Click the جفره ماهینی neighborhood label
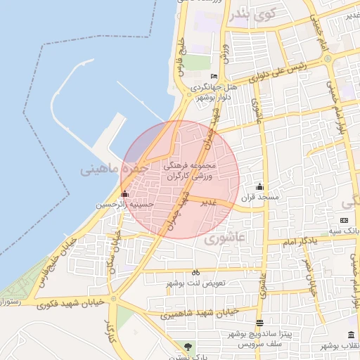(113, 169)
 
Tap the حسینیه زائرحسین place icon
(125, 193)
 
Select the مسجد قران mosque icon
(260, 187)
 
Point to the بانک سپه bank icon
(343, 221)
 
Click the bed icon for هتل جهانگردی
(214, 77)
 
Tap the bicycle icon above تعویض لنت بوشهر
(195, 272)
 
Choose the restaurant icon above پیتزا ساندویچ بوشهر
(260, 323)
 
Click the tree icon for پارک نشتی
(187, 346)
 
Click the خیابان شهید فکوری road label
(69, 302)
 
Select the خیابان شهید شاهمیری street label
(200, 313)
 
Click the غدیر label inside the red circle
(209, 202)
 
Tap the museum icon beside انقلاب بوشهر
(350, 334)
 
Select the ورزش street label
(224, 52)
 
